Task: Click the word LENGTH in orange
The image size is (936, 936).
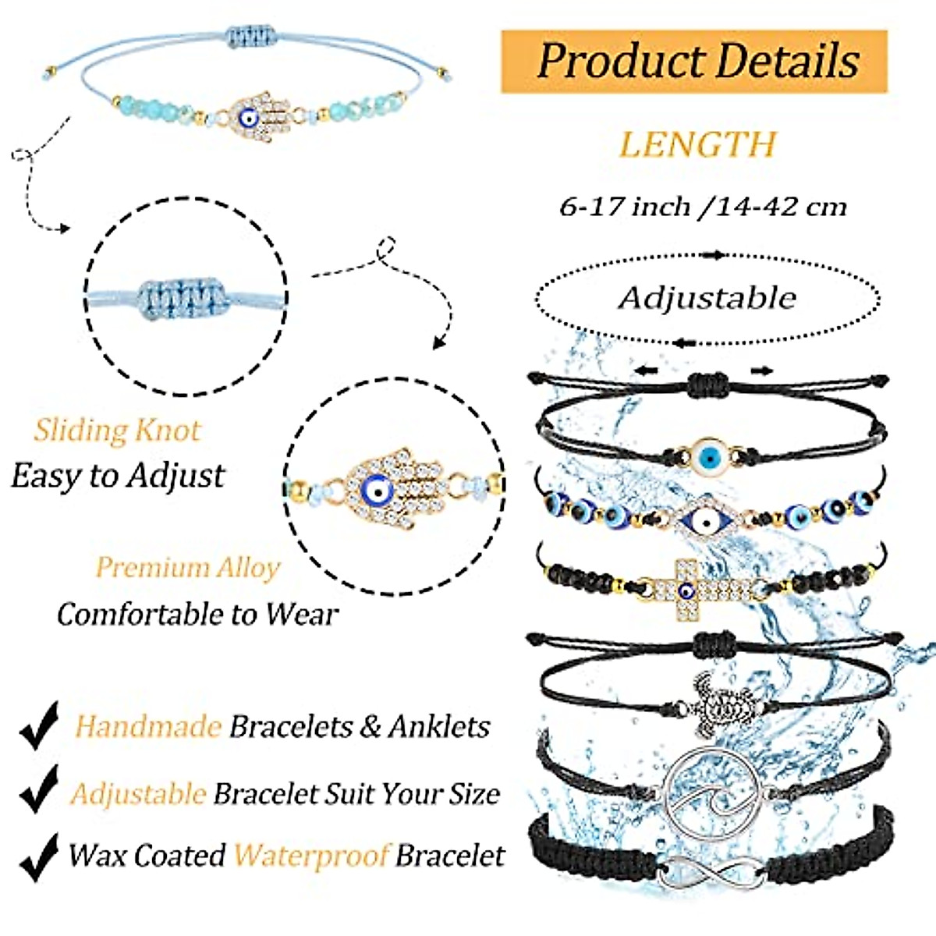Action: click(697, 144)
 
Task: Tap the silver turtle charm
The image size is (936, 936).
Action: click(709, 706)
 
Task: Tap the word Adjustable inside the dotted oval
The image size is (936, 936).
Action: click(707, 297)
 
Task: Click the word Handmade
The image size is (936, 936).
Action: click(147, 727)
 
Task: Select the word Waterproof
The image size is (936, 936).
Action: click(311, 856)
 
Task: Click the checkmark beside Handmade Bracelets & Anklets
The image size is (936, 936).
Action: click(39, 725)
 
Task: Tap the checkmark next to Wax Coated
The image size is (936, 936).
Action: click(39, 856)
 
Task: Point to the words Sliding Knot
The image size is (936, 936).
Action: click(117, 430)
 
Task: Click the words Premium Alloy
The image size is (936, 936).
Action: click(187, 567)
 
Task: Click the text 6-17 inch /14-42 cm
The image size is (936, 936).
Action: click(703, 207)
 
